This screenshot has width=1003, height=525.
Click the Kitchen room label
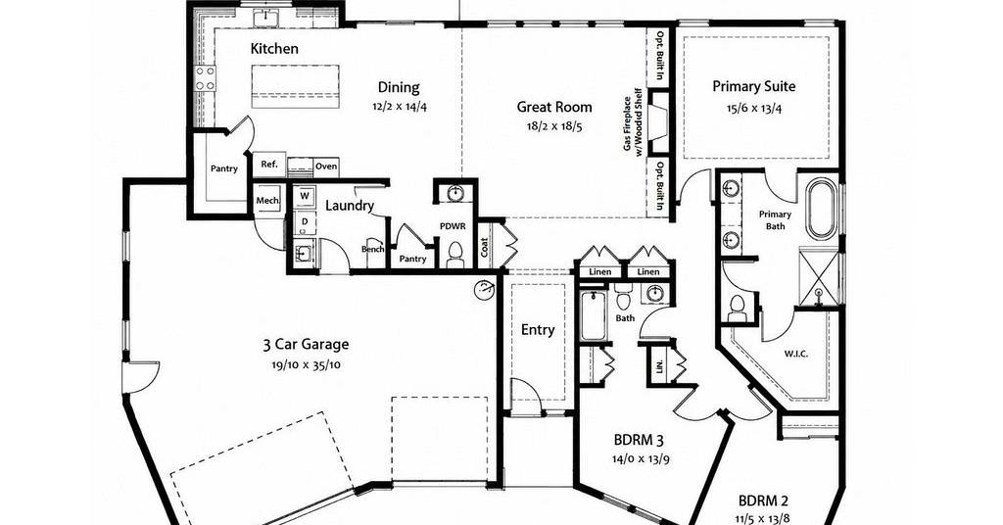pyautogui.click(x=274, y=49)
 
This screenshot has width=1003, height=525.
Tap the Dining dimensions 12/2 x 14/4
pyautogui.click(x=400, y=106)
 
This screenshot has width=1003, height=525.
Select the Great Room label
pyautogui.click(x=554, y=107)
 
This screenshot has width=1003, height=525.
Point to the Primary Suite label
pyautogui.click(x=754, y=86)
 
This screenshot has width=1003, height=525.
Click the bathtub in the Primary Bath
pyautogui.click(x=821, y=209)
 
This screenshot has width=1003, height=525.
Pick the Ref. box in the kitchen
pyautogui.click(x=269, y=165)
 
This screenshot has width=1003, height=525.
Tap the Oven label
pyautogui.click(x=325, y=167)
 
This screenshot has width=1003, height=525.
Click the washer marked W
pyautogui.click(x=306, y=196)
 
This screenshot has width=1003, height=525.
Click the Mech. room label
pyautogui.click(x=267, y=200)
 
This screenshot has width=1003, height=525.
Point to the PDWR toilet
pyautogui.click(x=455, y=255)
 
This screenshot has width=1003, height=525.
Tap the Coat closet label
pyautogui.click(x=484, y=247)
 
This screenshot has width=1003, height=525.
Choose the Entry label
pyautogui.click(x=538, y=330)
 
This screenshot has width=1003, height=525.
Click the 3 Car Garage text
pyautogui.click(x=306, y=345)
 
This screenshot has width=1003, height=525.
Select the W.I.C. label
pyautogui.click(x=795, y=353)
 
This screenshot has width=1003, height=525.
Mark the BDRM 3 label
pyautogui.click(x=639, y=440)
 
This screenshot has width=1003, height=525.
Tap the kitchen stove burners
pyautogui.click(x=205, y=78)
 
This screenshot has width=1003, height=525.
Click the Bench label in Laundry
pyautogui.click(x=372, y=249)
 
